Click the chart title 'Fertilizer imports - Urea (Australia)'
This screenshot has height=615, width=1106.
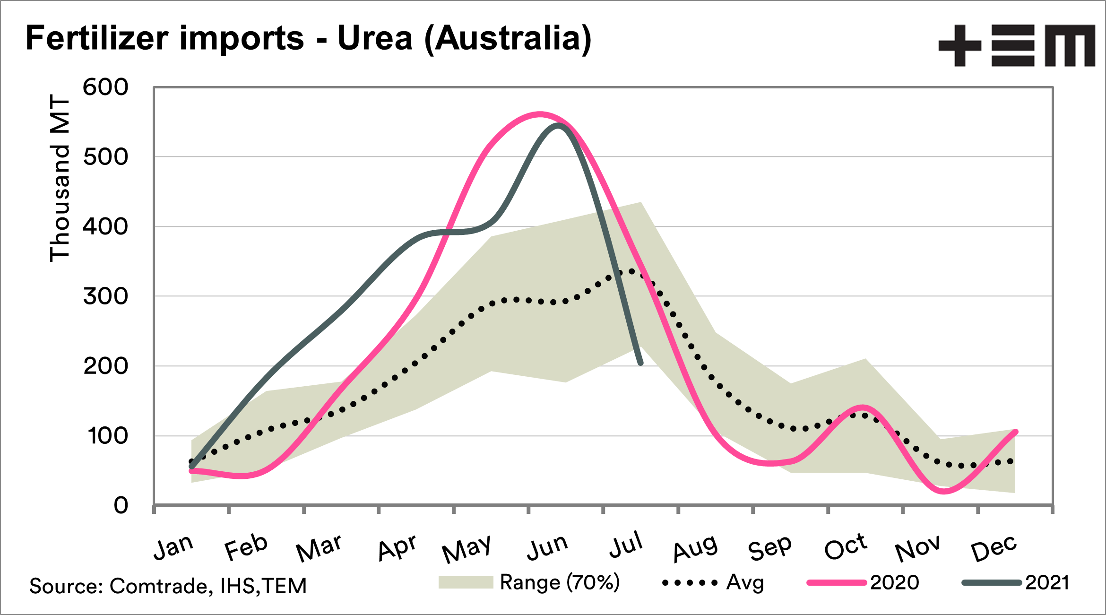tap(308, 39)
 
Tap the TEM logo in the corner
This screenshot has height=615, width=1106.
tap(1016, 45)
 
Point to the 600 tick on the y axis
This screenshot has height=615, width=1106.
tap(105, 87)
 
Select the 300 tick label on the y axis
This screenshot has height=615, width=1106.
tap(105, 297)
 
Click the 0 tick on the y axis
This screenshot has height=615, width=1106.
tap(121, 506)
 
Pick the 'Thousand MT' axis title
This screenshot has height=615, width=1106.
tap(60, 178)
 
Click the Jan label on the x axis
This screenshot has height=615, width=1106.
tap(173, 547)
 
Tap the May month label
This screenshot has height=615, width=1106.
tap(467, 548)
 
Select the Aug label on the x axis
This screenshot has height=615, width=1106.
tap(695, 548)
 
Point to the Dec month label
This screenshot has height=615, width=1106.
tap(994, 548)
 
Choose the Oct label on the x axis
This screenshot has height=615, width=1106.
tap(846, 547)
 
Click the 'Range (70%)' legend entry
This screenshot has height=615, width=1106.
tap(529, 582)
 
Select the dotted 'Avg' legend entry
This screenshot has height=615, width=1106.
tap(713, 582)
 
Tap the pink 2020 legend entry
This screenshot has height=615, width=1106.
tap(863, 582)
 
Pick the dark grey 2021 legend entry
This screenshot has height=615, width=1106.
tap(1016, 582)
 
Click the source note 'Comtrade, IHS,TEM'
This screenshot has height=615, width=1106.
tap(168, 586)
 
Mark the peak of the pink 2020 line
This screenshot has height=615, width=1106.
tap(540, 114)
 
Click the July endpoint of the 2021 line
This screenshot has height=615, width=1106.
tap(641, 363)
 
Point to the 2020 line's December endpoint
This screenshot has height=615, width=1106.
tap(1016, 432)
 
